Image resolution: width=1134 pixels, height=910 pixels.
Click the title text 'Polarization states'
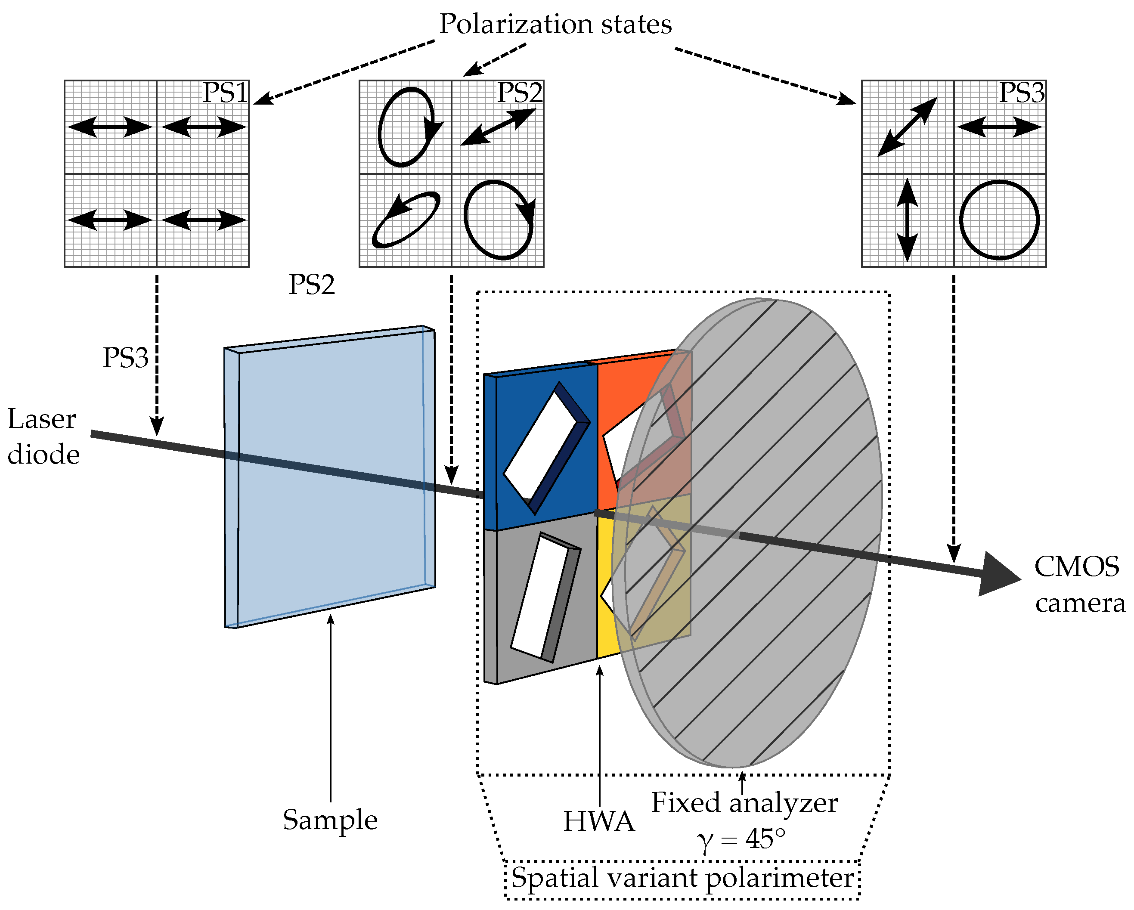point(555,24)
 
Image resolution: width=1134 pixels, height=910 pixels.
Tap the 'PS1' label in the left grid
point(225,93)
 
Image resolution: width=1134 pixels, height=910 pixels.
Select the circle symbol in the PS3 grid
point(999,220)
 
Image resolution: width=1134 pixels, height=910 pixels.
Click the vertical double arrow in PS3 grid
point(907,220)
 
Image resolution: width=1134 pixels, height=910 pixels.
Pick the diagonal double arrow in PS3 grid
point(907,127)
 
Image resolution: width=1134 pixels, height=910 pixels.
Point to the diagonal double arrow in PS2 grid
point(498,127)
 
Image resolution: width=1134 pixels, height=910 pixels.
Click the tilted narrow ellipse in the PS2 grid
point(406,220)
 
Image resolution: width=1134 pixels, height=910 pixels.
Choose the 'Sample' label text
point(330,820)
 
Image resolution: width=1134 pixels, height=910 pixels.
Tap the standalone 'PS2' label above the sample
point(311,285)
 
